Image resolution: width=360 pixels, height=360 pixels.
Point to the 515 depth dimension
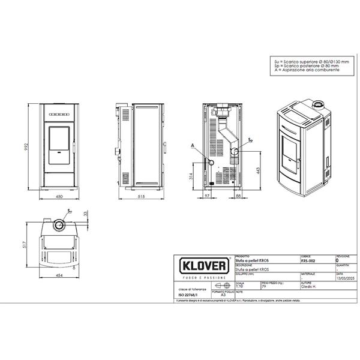pos(142,196)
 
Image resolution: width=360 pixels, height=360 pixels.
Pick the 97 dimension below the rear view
pos(207,196)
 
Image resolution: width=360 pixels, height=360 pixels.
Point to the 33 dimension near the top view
pos(86,213)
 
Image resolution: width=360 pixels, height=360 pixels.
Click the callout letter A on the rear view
pos(193,146)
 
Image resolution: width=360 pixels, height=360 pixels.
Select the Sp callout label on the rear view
pos(250,139)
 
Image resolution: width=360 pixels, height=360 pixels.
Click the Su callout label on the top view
pos(70,211)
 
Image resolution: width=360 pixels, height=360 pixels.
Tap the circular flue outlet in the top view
pos(59,225)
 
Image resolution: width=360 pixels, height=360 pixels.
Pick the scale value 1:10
pos(240,287)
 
